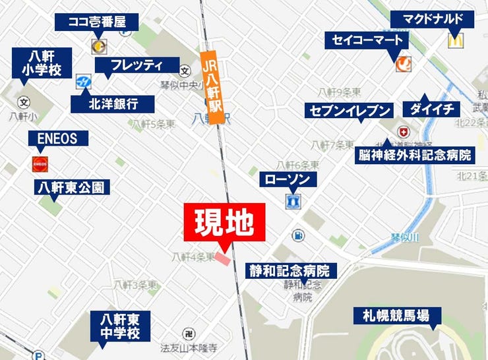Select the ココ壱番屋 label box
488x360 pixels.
96,22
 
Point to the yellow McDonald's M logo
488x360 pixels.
454,41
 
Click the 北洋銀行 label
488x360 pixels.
113,104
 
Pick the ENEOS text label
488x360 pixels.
53,138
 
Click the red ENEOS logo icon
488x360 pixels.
40,164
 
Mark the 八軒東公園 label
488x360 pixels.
71,187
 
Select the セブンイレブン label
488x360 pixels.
349,110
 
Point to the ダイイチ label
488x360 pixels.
432,109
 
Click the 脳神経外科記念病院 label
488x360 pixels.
415,156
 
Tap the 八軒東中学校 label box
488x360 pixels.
121,326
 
